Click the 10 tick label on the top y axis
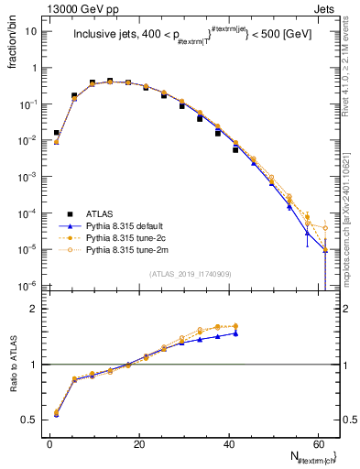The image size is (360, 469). [30, 31]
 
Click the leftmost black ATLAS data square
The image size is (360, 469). [57, 133]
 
